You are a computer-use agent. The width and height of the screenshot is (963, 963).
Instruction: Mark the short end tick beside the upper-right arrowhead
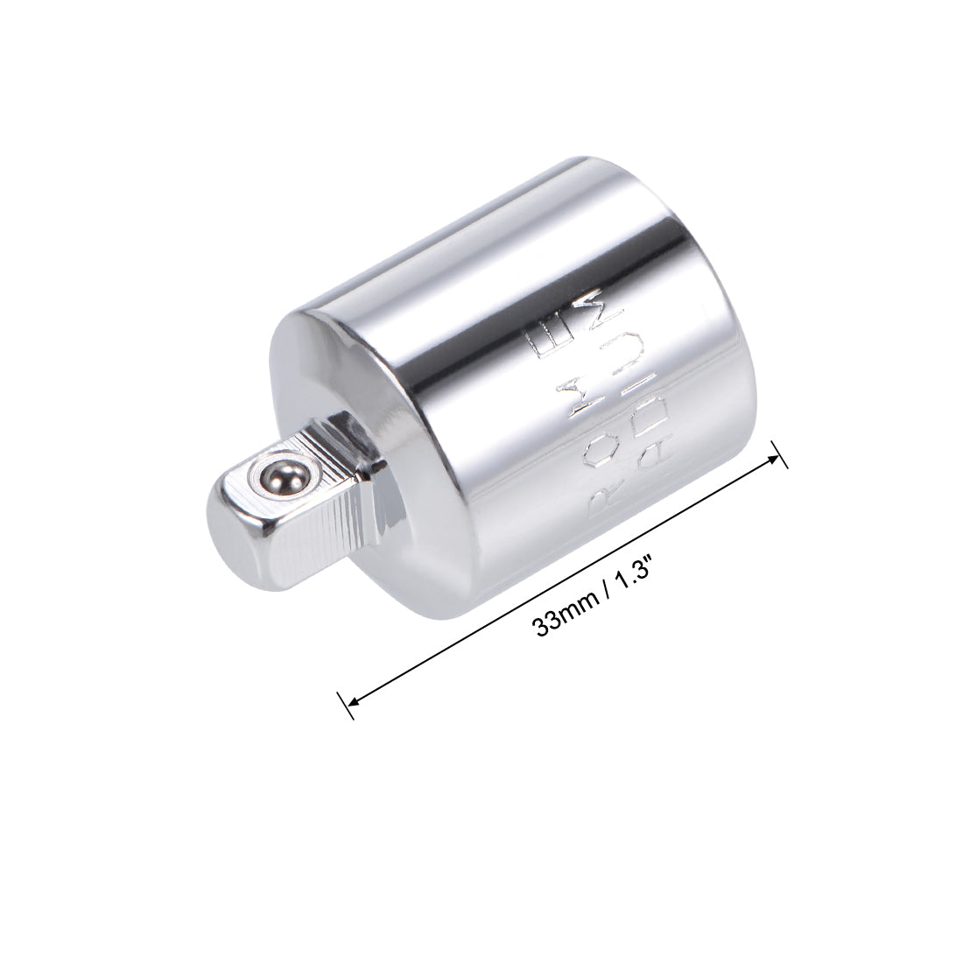pyautogui.click(x=780, y=452)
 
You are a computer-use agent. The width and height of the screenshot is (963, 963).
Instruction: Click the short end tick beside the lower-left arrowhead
pyautogui.click(x=344, y=706)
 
